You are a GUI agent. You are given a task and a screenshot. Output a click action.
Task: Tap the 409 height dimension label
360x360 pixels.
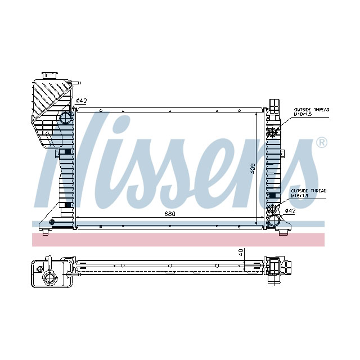coord(253,168)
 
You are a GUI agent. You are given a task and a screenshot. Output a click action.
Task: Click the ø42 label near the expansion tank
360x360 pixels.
coord(82,101)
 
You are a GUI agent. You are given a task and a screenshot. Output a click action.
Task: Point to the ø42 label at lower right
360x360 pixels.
coord(290,211)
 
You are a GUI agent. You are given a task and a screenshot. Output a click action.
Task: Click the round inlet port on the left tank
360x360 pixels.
coord(66,118)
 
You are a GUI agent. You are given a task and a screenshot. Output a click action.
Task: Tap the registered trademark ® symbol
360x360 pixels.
coord(321,142)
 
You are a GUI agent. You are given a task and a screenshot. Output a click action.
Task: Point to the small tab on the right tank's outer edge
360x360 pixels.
coord(284,153)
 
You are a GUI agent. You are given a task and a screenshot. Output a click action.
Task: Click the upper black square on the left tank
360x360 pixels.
coord(68,152)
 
